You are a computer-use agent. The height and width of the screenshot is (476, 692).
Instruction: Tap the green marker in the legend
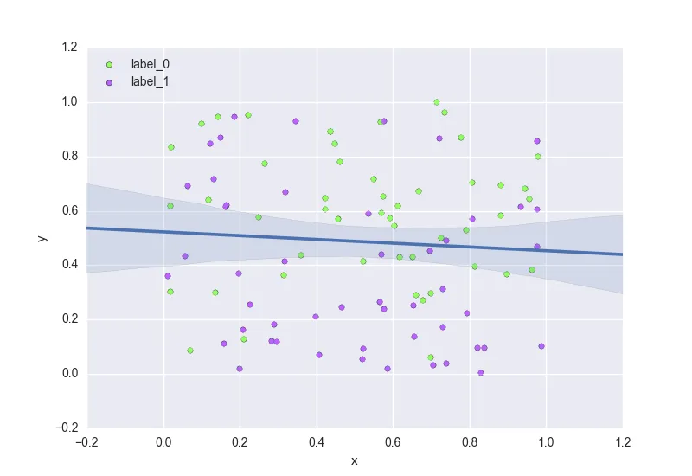pyautogui.click(x=109, y=64)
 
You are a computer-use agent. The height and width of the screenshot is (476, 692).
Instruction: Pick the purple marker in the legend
pyautogui.click(x=109, y=82)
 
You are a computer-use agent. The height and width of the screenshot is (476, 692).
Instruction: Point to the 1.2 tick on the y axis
pyautogui.click(x=68, y=48)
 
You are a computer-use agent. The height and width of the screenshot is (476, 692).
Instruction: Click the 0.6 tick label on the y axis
pyautogui.click(x=68, y=211)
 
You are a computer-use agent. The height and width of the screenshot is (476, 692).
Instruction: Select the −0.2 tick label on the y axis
pyautogui.click(x=66, y=428)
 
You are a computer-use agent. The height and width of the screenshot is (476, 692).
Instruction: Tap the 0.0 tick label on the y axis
pyautogui.click(x=68, y=374)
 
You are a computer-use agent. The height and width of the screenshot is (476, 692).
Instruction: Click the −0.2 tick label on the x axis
pyautogui.click(x=86, y=442)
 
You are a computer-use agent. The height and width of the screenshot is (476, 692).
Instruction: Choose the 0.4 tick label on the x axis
pyautogui.click(x=317, y=442)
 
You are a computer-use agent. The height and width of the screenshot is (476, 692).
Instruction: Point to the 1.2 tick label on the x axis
pyautogui.click(x=622, y=442)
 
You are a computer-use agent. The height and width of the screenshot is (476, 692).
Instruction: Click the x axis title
pyautogui.click(x=355, y=460)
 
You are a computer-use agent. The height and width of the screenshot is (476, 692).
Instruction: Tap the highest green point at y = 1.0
pyautogui.click(x=437, y=102)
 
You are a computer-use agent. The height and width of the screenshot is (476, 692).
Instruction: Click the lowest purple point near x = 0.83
pyautogui.click(x=481, y=373)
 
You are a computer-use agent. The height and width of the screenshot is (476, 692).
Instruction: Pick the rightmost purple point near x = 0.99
pyautogui.click(x=541, y=346)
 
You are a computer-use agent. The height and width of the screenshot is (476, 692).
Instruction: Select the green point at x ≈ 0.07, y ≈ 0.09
pyautogui.click(x=190, y=351)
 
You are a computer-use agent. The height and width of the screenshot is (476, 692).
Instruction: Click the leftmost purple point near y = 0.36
pyautogui.click(x=168, y=276)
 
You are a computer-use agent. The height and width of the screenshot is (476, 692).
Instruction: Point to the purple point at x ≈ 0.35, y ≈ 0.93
pyautogui.click(x=296, y=121)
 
